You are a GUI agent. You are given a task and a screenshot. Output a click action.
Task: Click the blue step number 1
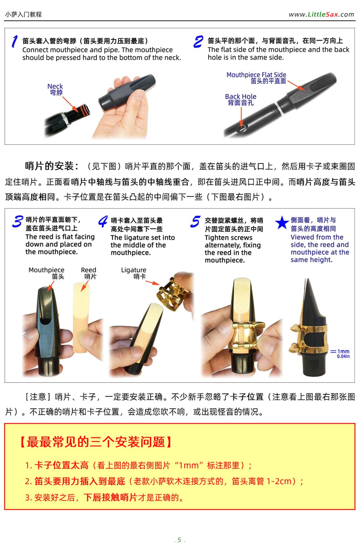[15, 41]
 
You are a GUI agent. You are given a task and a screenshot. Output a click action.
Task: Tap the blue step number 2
[198, 41]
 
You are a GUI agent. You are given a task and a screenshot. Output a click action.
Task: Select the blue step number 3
[18, 221]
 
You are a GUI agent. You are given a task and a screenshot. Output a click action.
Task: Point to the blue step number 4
[103, 221]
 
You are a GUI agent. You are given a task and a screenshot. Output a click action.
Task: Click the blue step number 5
[195, 221]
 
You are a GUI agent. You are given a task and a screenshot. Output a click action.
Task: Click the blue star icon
[282, 222]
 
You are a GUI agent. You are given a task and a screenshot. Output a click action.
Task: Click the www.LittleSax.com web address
[321, 14]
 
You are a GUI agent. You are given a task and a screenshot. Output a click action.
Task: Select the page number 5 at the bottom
[179, 540]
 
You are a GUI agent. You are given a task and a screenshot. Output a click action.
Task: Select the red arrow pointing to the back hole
[241, 117]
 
